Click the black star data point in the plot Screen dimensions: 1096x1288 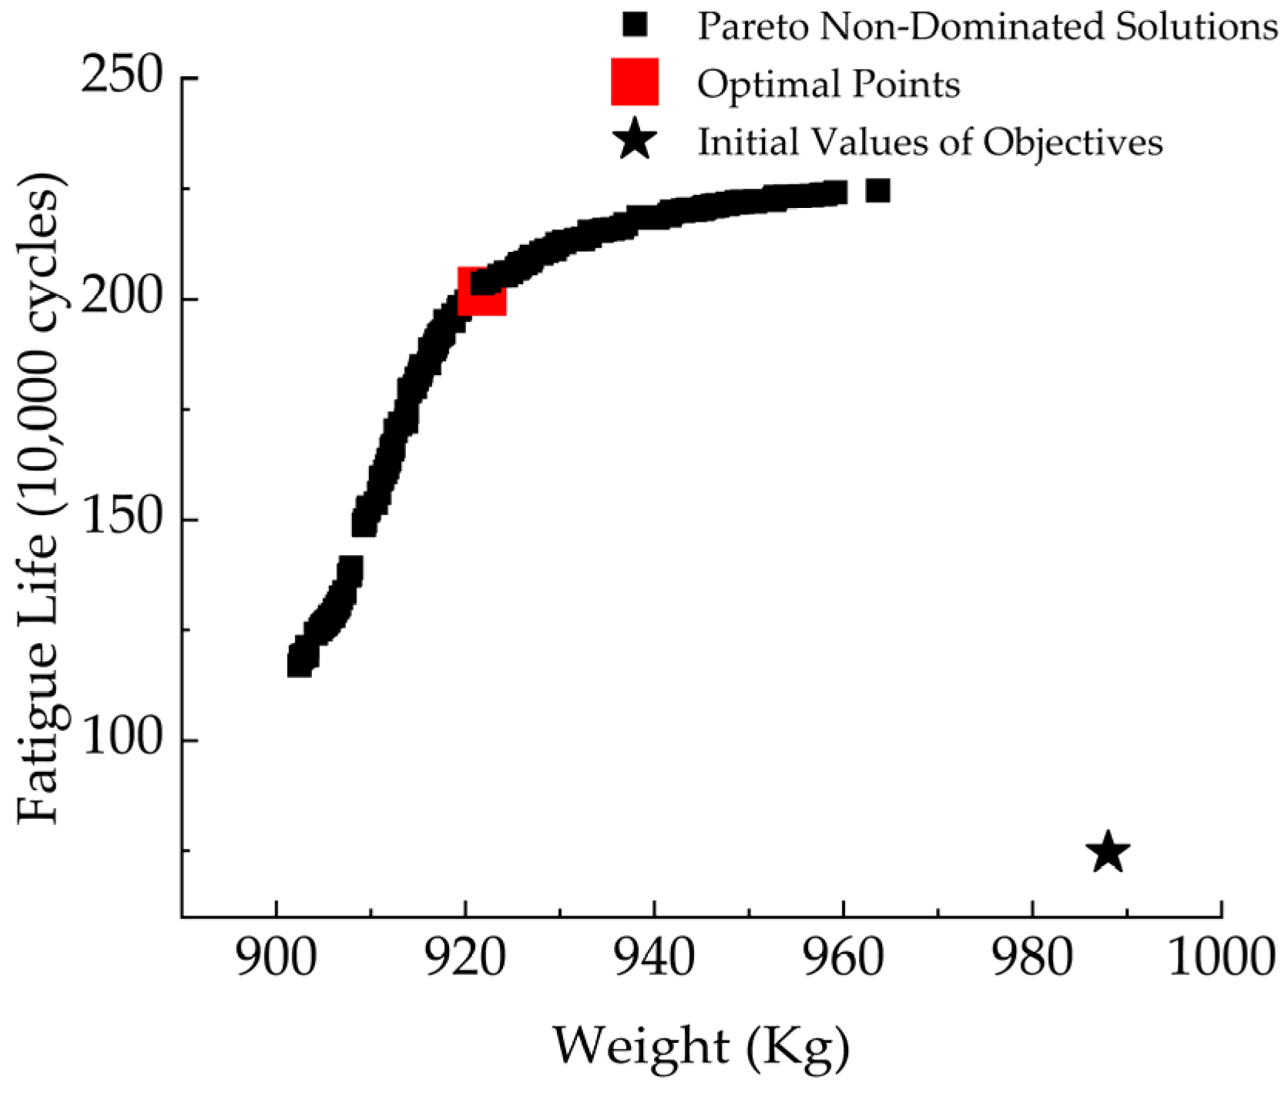coord(1107,853)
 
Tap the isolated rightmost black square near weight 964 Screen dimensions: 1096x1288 coord(877,190)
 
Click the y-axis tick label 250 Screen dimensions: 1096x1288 coord(122,78)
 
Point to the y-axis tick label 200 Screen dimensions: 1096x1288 coord(122,298)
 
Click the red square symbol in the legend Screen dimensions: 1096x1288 coord(635,82)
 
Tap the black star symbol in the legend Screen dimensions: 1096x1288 coord(636,140)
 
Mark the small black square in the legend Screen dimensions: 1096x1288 coord(635,25)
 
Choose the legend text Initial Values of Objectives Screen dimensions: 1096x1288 coord(931,142)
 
